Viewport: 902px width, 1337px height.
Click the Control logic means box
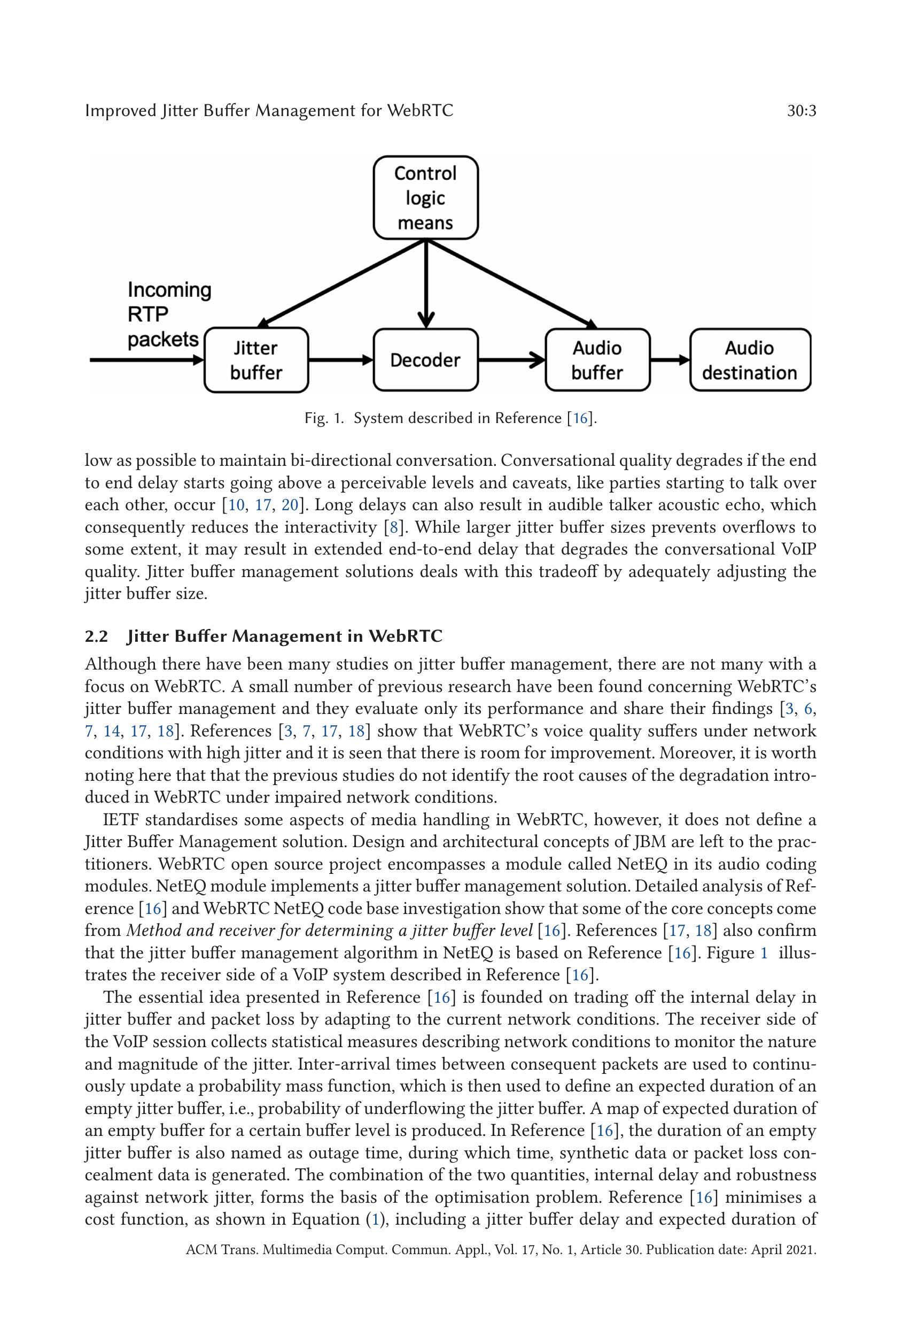tap(425, 197)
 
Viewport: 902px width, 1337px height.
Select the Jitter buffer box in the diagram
tap(256, 360)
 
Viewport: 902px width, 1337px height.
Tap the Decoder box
tap(425, 360)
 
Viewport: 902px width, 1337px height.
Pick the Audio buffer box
tap(597, 360)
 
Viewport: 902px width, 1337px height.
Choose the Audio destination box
tap(750, 360)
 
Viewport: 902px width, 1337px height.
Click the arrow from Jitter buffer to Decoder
tap(340, 360)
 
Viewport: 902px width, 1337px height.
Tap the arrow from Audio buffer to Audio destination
tap(670, 360)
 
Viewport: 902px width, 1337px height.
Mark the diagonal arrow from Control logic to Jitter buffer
tap(342, 282)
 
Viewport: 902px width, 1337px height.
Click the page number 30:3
tap(802, 111)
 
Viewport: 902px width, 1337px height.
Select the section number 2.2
tap(96, 636)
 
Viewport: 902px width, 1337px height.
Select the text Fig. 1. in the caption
tap(324, 418)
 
